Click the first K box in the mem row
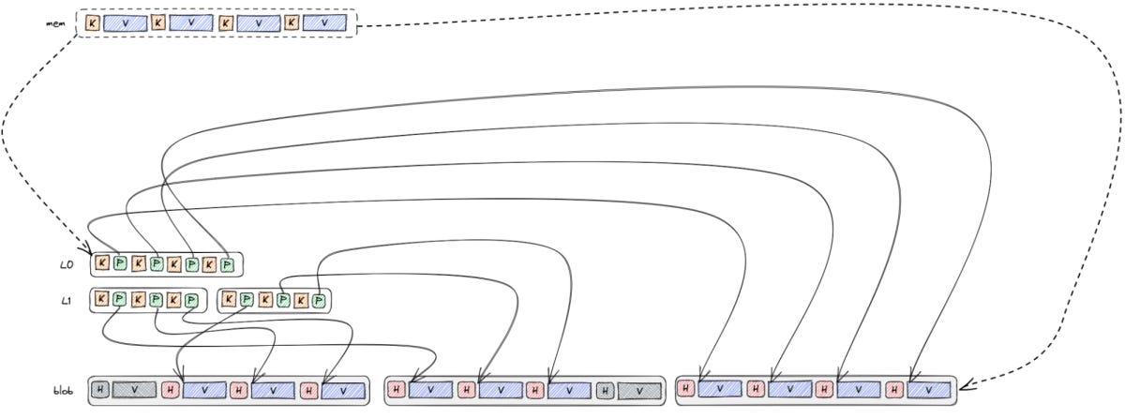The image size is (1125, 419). [x=92, y=22]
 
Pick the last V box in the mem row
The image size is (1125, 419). [x=323, y=22]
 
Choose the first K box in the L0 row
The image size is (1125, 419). [x=102, y=264]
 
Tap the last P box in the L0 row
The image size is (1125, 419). [x=227, y=264]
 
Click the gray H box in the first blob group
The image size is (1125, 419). [x=100, y=389]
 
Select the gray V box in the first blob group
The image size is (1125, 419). [x=134, y=389]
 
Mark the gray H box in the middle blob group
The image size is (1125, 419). [x=606, y=389]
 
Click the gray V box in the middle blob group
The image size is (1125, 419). [x=639, y=389]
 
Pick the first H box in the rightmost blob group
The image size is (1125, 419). [x=687, y=387]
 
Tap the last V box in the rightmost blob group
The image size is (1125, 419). [x=929, y=388]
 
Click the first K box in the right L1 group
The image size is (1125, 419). [x=229, y=300]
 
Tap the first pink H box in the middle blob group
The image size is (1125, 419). [x=397, y=389]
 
